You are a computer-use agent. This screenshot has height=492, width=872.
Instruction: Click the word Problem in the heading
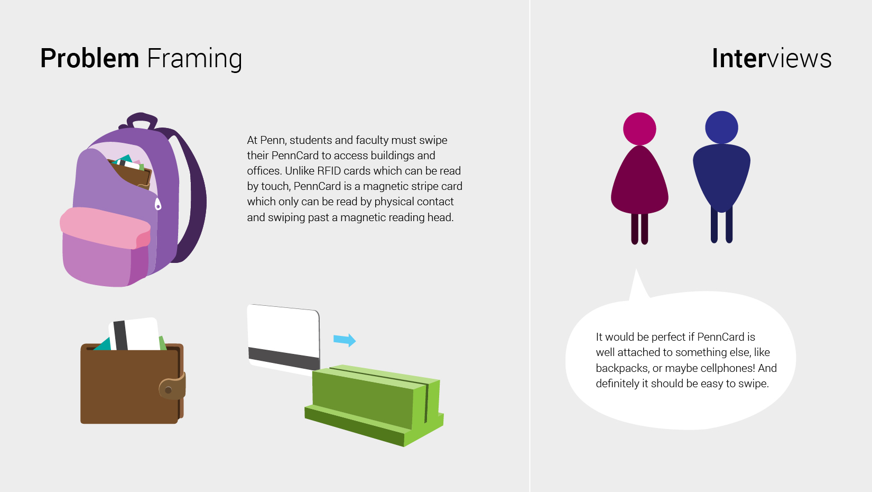(x=89, y=59)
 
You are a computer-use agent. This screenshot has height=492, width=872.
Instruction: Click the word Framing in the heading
(x=194, y=59)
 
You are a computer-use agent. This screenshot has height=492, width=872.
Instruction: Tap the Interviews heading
(x=772, y=58)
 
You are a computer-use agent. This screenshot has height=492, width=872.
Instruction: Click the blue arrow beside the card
(x=345, y=340)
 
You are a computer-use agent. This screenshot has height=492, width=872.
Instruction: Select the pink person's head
(x=639, y=129)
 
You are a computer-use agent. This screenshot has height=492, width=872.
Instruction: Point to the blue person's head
(x=722, y=127)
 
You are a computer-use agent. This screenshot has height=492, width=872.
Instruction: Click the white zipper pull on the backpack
(x=158, y=204)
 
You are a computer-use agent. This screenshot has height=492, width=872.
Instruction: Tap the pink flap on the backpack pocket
(x=105, y=227)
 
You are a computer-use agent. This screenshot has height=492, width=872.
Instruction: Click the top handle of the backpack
(x=140, y=121)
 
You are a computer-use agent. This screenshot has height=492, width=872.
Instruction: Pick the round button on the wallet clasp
(x=169, y=390)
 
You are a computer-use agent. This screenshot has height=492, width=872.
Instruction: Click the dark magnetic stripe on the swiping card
(x=284, y=358)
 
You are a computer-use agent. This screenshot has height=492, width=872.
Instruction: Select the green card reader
(x=374, y=405)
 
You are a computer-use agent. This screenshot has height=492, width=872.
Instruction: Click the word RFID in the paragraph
(x=330, y=171)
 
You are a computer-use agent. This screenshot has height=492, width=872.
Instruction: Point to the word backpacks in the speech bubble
(x=620, y=369)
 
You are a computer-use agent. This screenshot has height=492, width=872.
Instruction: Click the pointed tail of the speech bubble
(x=636, y=270)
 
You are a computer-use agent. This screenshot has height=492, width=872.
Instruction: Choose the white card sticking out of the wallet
(x=134, y=334)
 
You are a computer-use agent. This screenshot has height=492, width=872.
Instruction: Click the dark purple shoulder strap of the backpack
(x=191, y=195)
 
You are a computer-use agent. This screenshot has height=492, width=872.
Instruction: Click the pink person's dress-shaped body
(x=639, y=181)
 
